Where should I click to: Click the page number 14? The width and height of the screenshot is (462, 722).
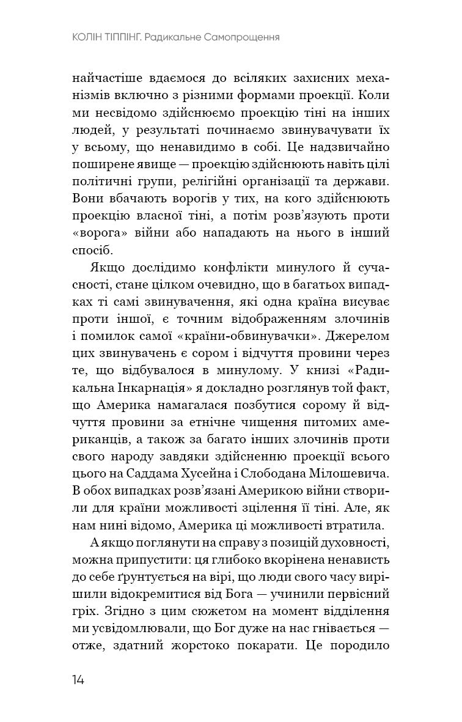[x=78, y=680]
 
